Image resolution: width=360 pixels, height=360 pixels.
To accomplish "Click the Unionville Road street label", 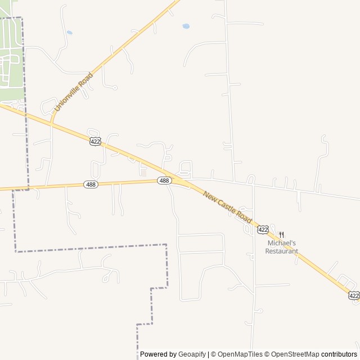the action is tap(73, 91).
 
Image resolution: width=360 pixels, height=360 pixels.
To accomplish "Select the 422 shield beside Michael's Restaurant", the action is tap(263, 229).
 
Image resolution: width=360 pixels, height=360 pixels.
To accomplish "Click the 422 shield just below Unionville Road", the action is tap(95, 141).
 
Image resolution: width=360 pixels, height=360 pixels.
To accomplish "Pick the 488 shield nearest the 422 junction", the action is tap(164, 181).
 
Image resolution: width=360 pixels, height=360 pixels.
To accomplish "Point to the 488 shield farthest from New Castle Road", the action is tap(90, 184).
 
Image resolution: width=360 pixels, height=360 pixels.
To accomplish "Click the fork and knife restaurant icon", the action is tap(282, 235).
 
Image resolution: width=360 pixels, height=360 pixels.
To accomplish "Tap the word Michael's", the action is tap(281, 243).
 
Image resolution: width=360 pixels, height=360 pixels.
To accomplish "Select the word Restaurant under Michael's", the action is tap(281, 251).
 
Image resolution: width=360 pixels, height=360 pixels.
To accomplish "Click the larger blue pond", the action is tap(186, 26).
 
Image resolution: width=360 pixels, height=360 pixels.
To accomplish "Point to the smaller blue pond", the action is tap(69, 33).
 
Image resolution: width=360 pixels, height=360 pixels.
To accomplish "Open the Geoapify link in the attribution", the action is tap(192, 354).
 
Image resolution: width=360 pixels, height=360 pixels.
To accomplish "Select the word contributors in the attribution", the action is tap(339, 354).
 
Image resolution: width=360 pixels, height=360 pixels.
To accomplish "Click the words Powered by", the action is tap(158, 354).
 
